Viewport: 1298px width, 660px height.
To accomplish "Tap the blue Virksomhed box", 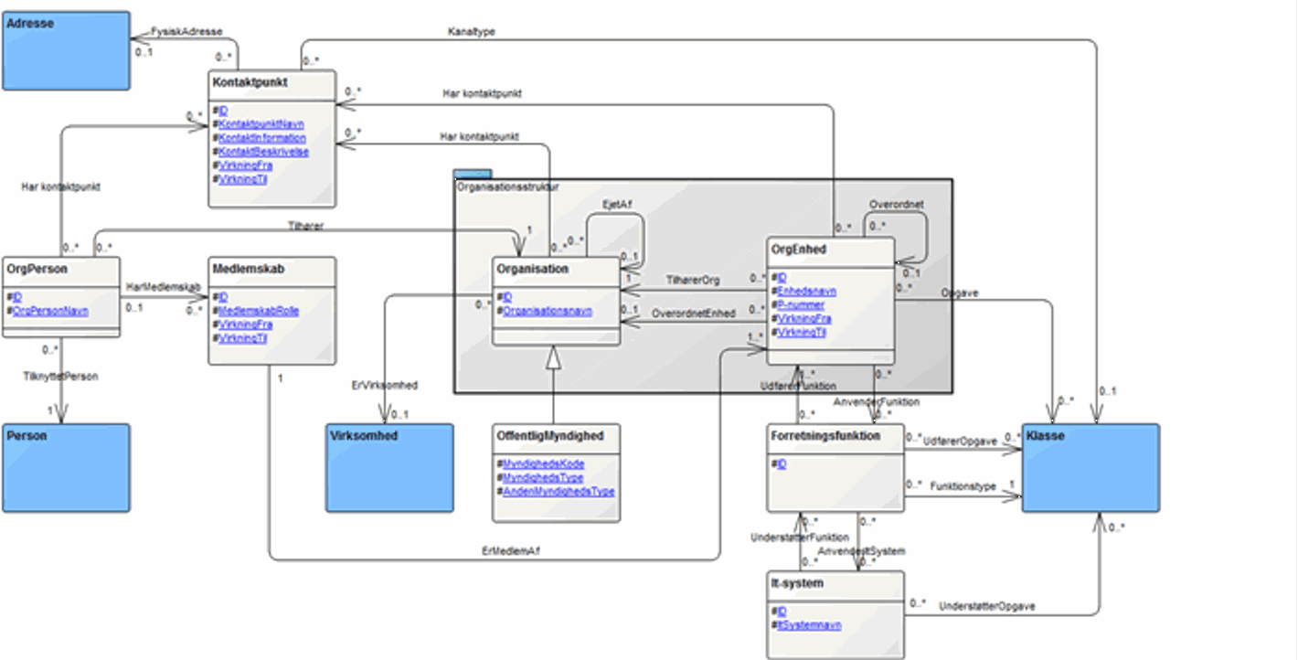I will tap(390, 466).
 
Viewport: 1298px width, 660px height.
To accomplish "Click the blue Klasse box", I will tap(1091, 466).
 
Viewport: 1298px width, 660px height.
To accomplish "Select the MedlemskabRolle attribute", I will tap(259, 311).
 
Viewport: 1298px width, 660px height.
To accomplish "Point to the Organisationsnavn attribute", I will tap(548, 311).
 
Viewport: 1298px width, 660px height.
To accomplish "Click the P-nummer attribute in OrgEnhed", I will tap(800, 305).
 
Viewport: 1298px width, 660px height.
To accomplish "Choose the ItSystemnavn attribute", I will tap(809, 625).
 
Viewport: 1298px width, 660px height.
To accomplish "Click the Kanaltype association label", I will tap(471, 32).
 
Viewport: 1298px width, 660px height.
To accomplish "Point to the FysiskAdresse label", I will tap(186, 31).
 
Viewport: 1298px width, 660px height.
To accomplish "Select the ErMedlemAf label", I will tap(506, 550).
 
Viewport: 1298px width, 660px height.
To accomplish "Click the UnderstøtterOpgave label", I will tap(986, 606).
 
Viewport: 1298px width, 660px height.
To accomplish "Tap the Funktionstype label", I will tap(963, 487).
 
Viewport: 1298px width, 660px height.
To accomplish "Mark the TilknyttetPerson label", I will tap(61, 376).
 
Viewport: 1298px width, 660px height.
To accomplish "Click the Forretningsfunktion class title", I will tap(825, 436).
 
